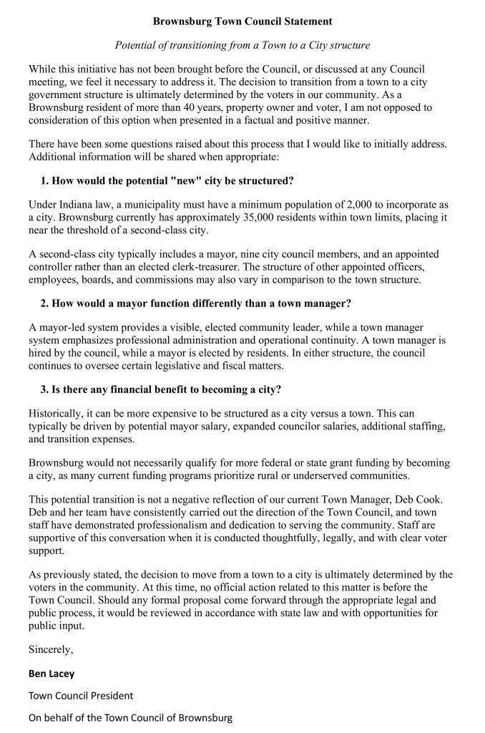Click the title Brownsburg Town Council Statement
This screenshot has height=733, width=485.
242,22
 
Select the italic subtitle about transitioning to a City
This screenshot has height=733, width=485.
242,45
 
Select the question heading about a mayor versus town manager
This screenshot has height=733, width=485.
195,303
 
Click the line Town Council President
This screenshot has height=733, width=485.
81,695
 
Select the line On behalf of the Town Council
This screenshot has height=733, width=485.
131,717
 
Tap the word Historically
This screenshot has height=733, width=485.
55,414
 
